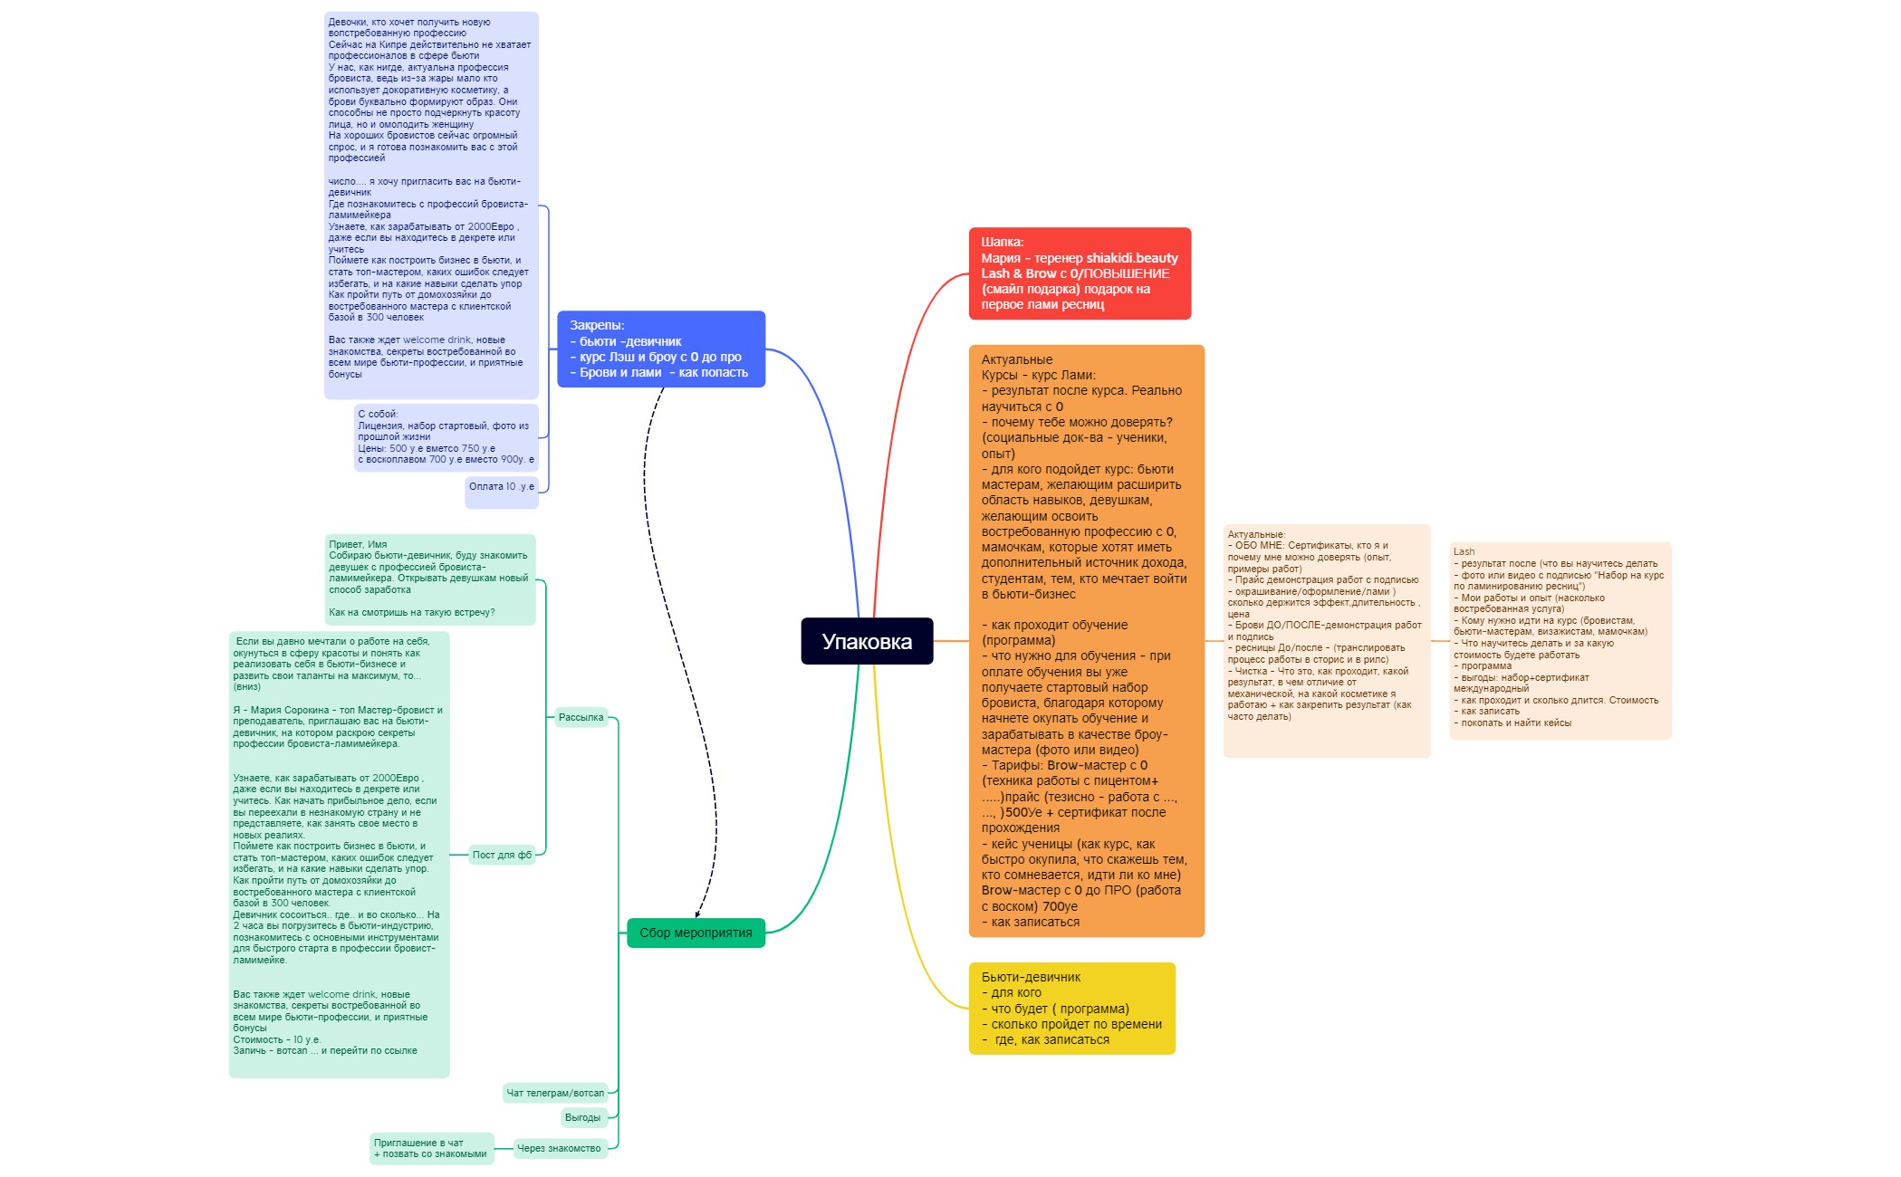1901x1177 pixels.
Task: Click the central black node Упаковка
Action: coord(867,641)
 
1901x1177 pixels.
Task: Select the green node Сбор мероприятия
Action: coord(696,933)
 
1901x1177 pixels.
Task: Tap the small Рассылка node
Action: coord(581,717)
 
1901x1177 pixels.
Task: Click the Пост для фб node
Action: coord(502,855)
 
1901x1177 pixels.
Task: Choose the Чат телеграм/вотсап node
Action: coord(555,1093)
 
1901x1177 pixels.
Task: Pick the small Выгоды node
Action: coord(582,1117)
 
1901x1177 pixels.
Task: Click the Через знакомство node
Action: coord(559,1148)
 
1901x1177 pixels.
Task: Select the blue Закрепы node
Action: coord(661,349)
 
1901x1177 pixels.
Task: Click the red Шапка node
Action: coord(1080,273)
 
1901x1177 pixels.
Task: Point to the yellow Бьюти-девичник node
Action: coord(1072,1009)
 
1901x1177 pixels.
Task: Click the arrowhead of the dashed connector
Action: coord(697,914)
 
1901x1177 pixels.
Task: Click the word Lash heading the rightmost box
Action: coord(1464,551)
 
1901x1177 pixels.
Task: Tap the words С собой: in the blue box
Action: coord(378,414)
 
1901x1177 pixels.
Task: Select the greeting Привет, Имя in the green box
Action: coord(358,544)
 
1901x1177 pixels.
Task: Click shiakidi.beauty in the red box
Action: coord(1132,258)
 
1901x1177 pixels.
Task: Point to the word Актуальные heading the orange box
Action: coord(1017,359)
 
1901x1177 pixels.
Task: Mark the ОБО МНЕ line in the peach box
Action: coord(1308,545)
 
